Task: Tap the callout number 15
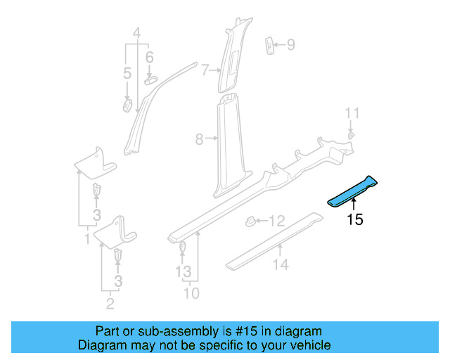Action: (355, 219)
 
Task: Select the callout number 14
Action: (281, 265)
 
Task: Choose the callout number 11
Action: (352, 112)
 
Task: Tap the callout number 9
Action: (290, 46)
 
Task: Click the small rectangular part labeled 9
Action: (269, 46)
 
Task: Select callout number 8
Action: (199, 140)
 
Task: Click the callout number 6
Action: (149, 57)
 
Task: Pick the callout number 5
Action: (127, 73)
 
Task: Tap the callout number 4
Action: (137, 32)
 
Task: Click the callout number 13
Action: (183, 271)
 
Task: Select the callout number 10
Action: (191, 293)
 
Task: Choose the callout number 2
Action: (110, 304)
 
